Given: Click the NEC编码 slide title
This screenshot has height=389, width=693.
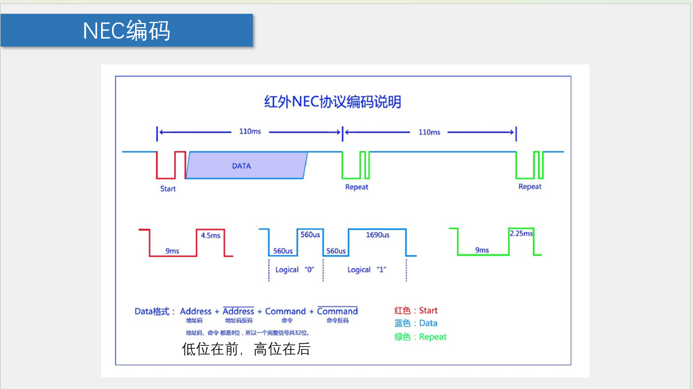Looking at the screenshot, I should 126,30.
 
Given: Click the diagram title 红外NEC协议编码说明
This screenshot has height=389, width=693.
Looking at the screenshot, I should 332,102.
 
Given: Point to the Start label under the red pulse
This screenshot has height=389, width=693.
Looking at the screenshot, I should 168,189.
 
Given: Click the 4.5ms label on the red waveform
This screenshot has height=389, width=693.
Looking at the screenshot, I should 210,235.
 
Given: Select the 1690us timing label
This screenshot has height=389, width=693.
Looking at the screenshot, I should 378,235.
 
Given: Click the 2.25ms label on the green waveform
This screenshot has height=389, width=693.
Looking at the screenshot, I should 521,234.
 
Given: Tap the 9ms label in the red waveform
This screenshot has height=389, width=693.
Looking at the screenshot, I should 172,251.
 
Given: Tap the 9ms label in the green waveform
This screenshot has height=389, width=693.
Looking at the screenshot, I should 482,250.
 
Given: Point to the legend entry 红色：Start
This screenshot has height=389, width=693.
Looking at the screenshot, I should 416,311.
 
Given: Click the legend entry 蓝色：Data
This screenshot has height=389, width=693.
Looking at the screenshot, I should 415,323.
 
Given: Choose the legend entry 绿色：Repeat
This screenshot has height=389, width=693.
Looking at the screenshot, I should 420,337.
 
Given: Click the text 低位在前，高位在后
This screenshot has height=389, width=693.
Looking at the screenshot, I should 246,349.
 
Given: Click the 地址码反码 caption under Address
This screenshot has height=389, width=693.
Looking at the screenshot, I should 238,321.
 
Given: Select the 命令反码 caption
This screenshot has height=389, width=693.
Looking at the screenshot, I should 337,321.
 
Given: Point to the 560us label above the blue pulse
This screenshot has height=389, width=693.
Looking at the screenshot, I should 310,235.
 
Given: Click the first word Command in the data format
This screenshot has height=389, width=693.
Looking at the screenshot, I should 285,311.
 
